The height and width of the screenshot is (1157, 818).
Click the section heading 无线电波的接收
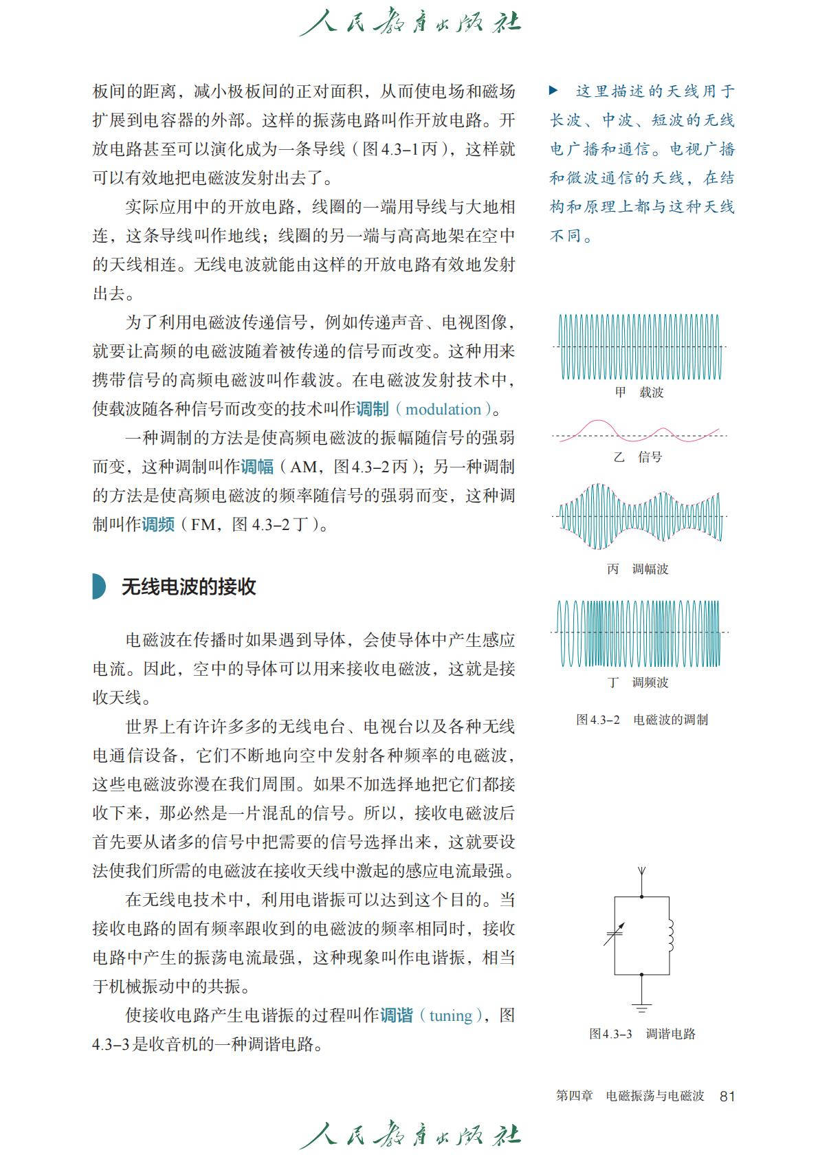188,586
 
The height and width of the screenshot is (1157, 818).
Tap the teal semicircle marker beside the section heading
99,586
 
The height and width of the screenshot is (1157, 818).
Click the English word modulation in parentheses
443,410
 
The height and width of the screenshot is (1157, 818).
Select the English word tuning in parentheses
450,1015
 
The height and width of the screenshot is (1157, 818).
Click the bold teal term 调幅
257,467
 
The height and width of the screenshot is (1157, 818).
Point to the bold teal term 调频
158,525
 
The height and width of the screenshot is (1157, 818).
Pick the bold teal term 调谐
397,1015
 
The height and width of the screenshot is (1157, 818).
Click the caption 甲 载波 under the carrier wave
639,393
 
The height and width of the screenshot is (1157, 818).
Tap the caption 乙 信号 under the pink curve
638,456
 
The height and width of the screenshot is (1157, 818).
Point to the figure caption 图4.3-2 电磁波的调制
641,720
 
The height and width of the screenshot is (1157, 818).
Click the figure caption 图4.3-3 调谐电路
641,1033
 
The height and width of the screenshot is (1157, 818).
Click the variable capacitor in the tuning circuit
614,935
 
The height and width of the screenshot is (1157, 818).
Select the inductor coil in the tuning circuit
669,935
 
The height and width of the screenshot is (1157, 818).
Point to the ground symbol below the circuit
641,1007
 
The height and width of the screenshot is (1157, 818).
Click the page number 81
727,1096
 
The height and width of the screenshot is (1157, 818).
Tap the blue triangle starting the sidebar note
553,90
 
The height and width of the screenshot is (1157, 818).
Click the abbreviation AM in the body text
303,467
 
